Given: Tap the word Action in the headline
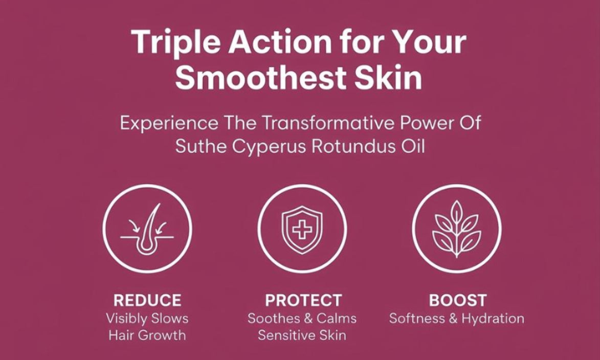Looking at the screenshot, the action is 280,41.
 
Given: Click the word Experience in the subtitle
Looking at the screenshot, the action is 169,124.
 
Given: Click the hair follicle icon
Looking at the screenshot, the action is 147,229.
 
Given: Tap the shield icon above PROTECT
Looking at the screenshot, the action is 302,230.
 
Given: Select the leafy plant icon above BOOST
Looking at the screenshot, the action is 456,229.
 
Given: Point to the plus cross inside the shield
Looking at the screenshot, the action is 302,229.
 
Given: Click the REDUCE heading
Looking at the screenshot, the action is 147,300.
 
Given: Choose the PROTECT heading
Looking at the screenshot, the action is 303,300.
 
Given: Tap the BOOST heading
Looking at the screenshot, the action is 458,300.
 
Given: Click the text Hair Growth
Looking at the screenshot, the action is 147,335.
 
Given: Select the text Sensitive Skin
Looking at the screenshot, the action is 302,335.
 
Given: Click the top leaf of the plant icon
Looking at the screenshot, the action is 456,212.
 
